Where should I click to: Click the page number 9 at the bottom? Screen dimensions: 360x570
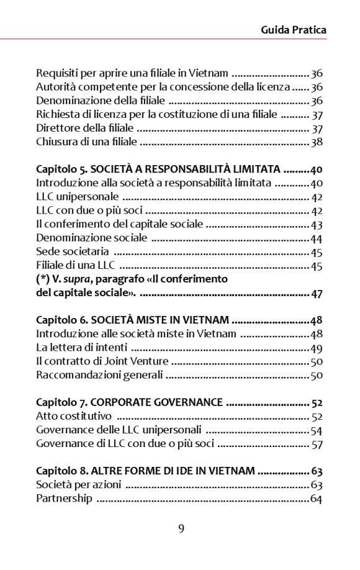coord(181,528)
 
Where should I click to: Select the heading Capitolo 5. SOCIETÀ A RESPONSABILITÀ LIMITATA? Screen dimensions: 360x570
coord(159,170)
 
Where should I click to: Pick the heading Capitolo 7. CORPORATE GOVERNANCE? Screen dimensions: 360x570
coord(129,402)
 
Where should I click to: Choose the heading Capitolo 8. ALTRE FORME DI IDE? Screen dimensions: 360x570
coord(145,471)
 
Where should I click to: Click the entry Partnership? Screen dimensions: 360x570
coord(64,498)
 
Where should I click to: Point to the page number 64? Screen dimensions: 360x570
coord(316,498)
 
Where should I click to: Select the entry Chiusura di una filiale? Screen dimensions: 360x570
coord(86,142)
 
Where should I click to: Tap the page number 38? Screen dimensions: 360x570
coord(317,142)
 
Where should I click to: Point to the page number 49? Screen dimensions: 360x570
coord(316,348)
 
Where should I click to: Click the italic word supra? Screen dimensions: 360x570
coord(73,279)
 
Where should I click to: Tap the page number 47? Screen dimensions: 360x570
coord(317,293)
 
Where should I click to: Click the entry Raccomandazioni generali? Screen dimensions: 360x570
coord(99,375)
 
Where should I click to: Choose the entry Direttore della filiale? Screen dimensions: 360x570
coord(85,129)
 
